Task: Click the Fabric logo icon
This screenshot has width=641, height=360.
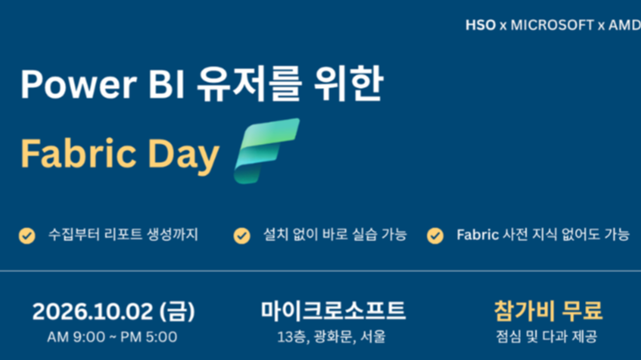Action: click(266, 150)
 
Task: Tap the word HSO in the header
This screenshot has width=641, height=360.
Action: click(480, 26)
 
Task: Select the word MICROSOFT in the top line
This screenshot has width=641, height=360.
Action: click(552, 26)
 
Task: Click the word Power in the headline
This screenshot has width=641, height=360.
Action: click(78, 84)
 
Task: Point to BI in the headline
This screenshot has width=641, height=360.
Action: click(166, 84)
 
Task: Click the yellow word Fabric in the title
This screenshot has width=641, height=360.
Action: click(78, 154)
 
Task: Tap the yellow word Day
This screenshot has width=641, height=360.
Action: click(183, 156)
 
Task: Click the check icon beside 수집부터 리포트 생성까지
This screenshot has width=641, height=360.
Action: click(27, 236)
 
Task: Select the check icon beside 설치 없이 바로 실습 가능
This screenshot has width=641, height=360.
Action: click(242, 236)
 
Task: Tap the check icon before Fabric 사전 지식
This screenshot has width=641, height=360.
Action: click(435, 236)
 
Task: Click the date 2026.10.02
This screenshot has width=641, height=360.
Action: click(92, 311)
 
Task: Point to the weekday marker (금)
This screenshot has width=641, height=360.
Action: click(177, 311)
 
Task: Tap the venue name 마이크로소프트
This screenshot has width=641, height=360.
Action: click(333, 310)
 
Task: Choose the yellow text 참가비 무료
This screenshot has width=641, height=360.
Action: click(548, 310)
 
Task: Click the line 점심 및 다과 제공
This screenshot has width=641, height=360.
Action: click(547, 337)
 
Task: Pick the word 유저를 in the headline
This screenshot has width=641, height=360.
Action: click(249, 84)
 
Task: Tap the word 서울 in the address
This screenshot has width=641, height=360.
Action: click(373, 337)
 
